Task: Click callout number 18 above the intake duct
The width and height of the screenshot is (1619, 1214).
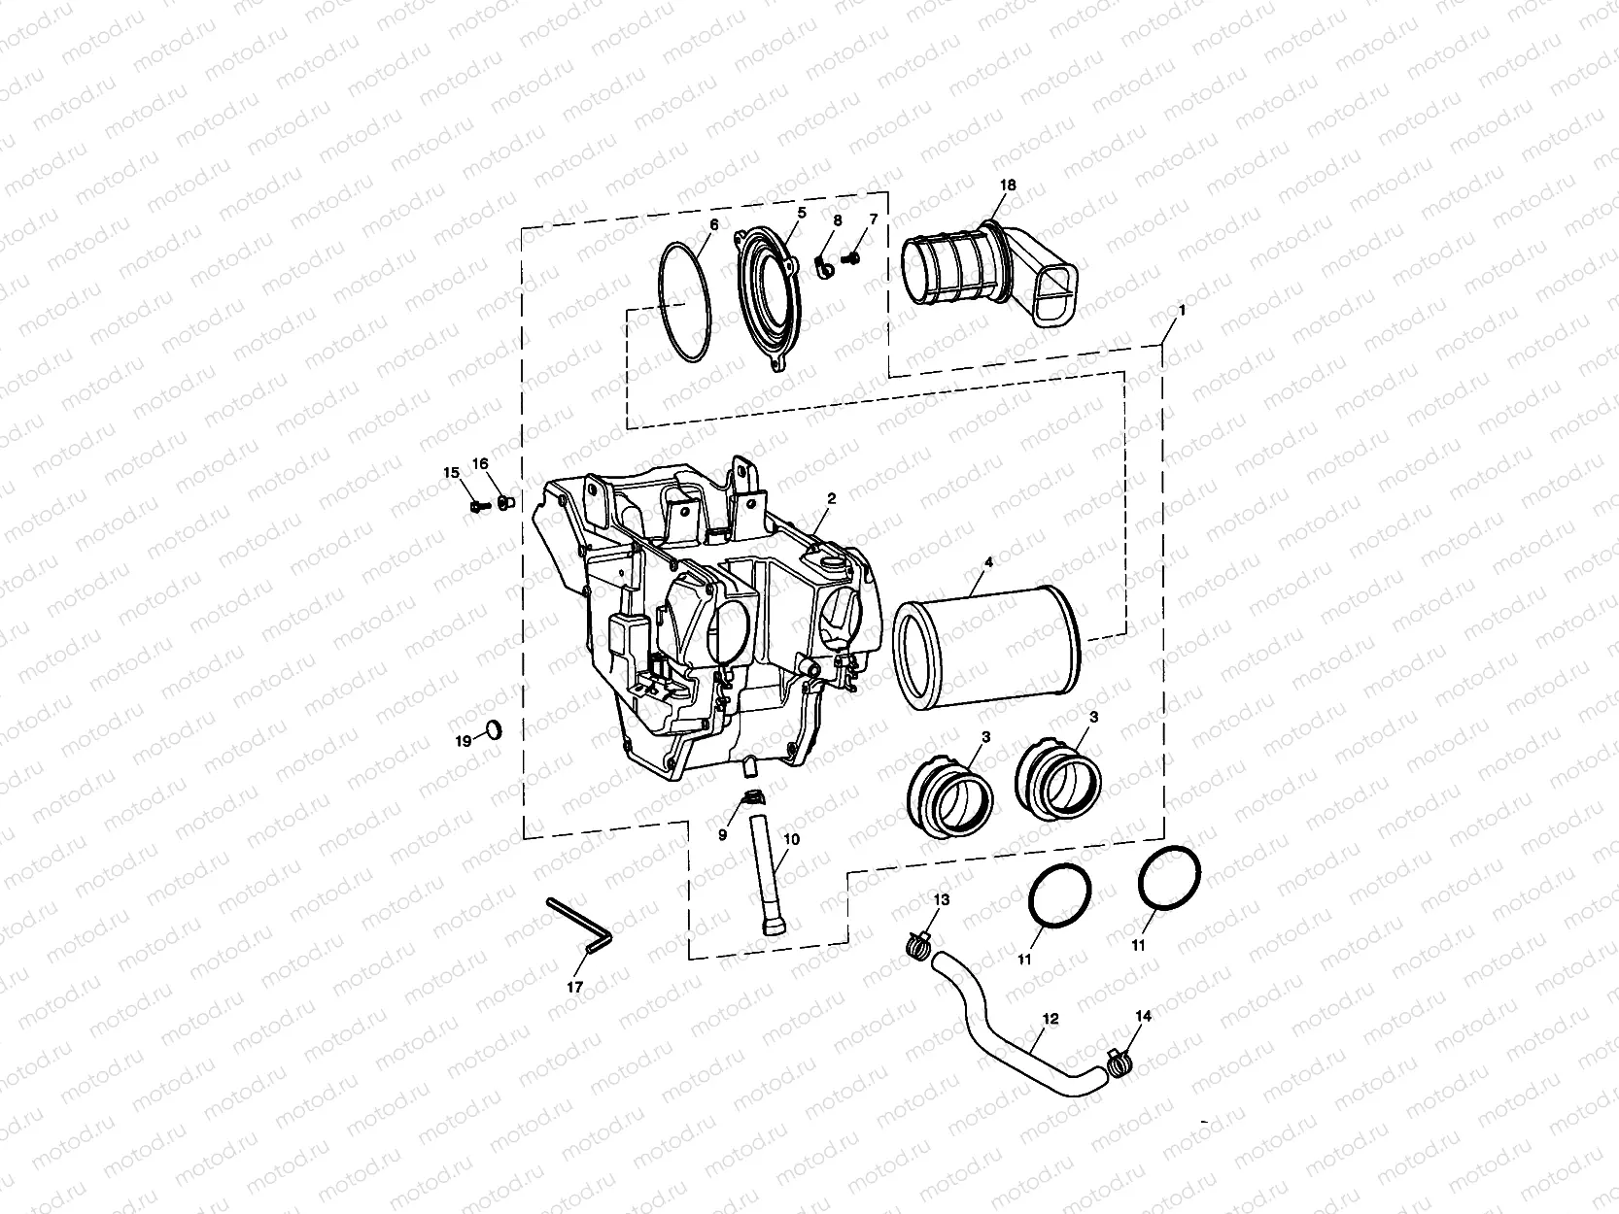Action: coord(1008,185)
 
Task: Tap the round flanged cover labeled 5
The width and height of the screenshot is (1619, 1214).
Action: coord(770,301)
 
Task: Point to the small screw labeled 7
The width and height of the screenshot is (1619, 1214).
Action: coord(852,258)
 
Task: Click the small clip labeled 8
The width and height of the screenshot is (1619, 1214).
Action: coord(823,268)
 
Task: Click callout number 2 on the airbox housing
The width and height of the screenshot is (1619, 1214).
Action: coord(831,498)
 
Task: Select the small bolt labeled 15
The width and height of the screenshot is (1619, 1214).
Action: coord(480,506)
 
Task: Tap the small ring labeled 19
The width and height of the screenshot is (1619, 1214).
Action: coord(495,730)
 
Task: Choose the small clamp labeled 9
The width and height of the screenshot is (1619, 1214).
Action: coord(751,797)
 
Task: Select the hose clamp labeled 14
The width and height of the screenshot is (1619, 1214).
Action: coord(1120,1063)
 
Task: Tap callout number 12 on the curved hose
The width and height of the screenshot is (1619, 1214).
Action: coord(1051,1019)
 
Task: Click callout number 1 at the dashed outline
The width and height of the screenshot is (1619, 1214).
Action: coord(1182,311)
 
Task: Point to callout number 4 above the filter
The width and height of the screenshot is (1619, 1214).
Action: coord(988,562)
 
